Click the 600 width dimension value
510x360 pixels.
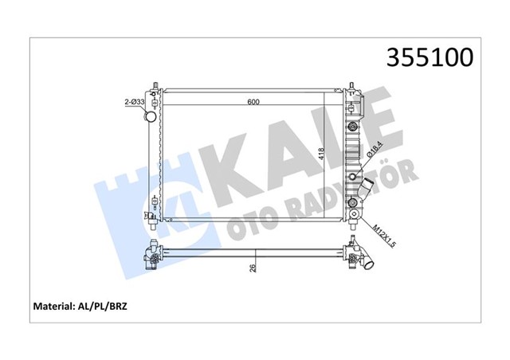(253, 101)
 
